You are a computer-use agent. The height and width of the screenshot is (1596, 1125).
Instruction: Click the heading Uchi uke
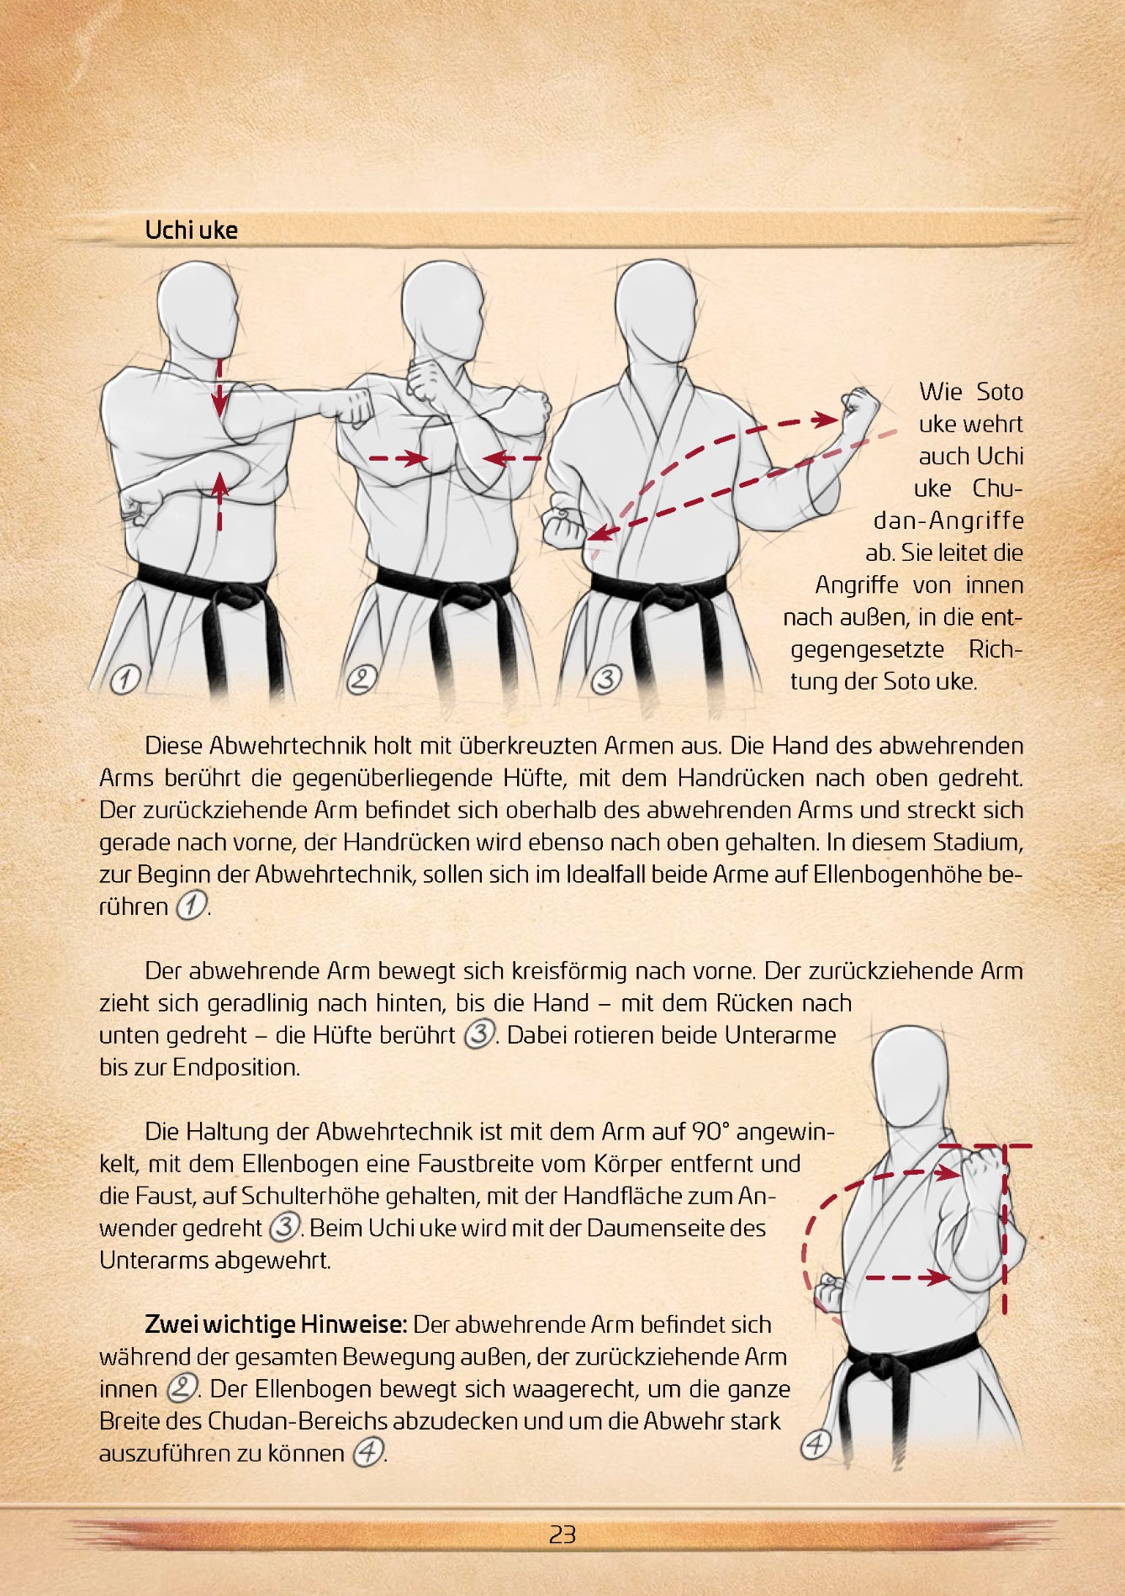coord(191,230)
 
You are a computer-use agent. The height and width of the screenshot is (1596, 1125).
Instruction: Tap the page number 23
coord(562,1535)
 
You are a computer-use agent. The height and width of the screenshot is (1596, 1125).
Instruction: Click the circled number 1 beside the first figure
coord(125,679)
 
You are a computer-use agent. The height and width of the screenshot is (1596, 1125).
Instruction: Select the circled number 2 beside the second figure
coord(362,679)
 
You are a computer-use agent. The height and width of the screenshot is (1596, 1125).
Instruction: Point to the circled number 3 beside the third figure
coord(605,679)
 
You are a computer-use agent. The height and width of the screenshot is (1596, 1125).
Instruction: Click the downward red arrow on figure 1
coord(219,387)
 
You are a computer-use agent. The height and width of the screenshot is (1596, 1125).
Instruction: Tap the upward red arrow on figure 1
coord(219,501)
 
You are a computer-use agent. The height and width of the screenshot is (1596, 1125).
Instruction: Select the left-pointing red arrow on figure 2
coord(512,458)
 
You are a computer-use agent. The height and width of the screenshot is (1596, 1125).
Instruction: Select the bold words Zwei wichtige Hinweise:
coord(276,1324)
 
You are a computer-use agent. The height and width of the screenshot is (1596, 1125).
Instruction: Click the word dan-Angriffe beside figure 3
coord(948,521)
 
